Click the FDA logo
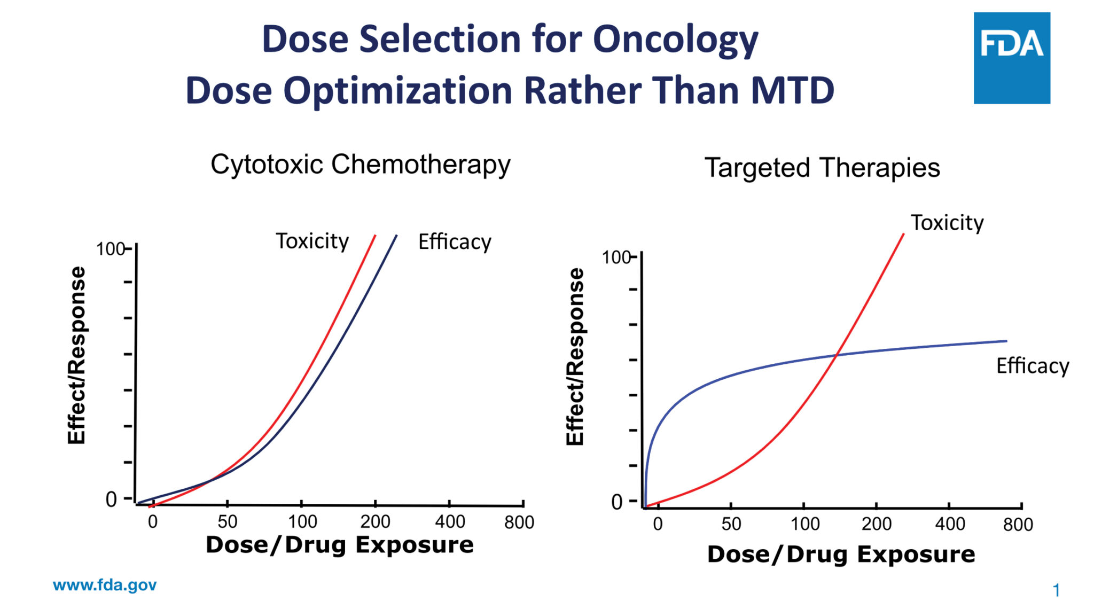[x=1011, y=58]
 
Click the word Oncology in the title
[x=675, y=41]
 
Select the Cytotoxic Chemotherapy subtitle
[x=361, y=165]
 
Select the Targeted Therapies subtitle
[x=822, y=168]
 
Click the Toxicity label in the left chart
[x=312, y=241]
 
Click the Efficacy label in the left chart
[x=455, y=242]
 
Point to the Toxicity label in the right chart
[x=947, y=223]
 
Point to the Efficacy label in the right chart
[x=1033, y=366]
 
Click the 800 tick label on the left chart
[x=519, y=522]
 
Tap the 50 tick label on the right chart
[x=731, y=524]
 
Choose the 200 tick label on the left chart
[x=375, y=522]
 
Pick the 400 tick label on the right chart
[x=950, y=524]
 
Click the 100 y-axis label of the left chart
[x=110, y=249]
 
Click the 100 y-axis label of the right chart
[x=616, y=257]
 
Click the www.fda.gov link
[x=105, y=585]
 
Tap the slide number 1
[x=1056, y=590]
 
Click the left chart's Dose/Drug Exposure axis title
[x=340, y=545]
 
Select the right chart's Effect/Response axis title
[x=575, y=356]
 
